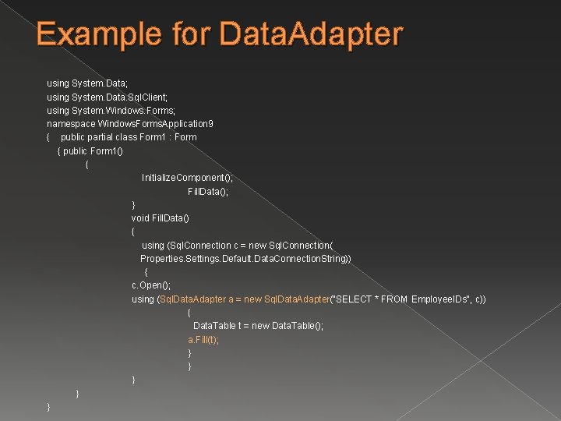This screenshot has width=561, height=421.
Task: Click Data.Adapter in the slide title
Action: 312,35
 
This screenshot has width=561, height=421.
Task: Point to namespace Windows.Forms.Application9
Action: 130,123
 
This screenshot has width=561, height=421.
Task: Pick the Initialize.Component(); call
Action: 187,178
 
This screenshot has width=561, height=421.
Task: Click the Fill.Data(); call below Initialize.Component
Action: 208,191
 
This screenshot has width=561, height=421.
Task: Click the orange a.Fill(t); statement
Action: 203,340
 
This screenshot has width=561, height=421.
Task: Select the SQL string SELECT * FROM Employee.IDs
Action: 394,299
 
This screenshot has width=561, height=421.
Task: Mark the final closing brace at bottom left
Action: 49,407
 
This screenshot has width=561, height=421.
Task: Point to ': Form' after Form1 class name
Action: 185,137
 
